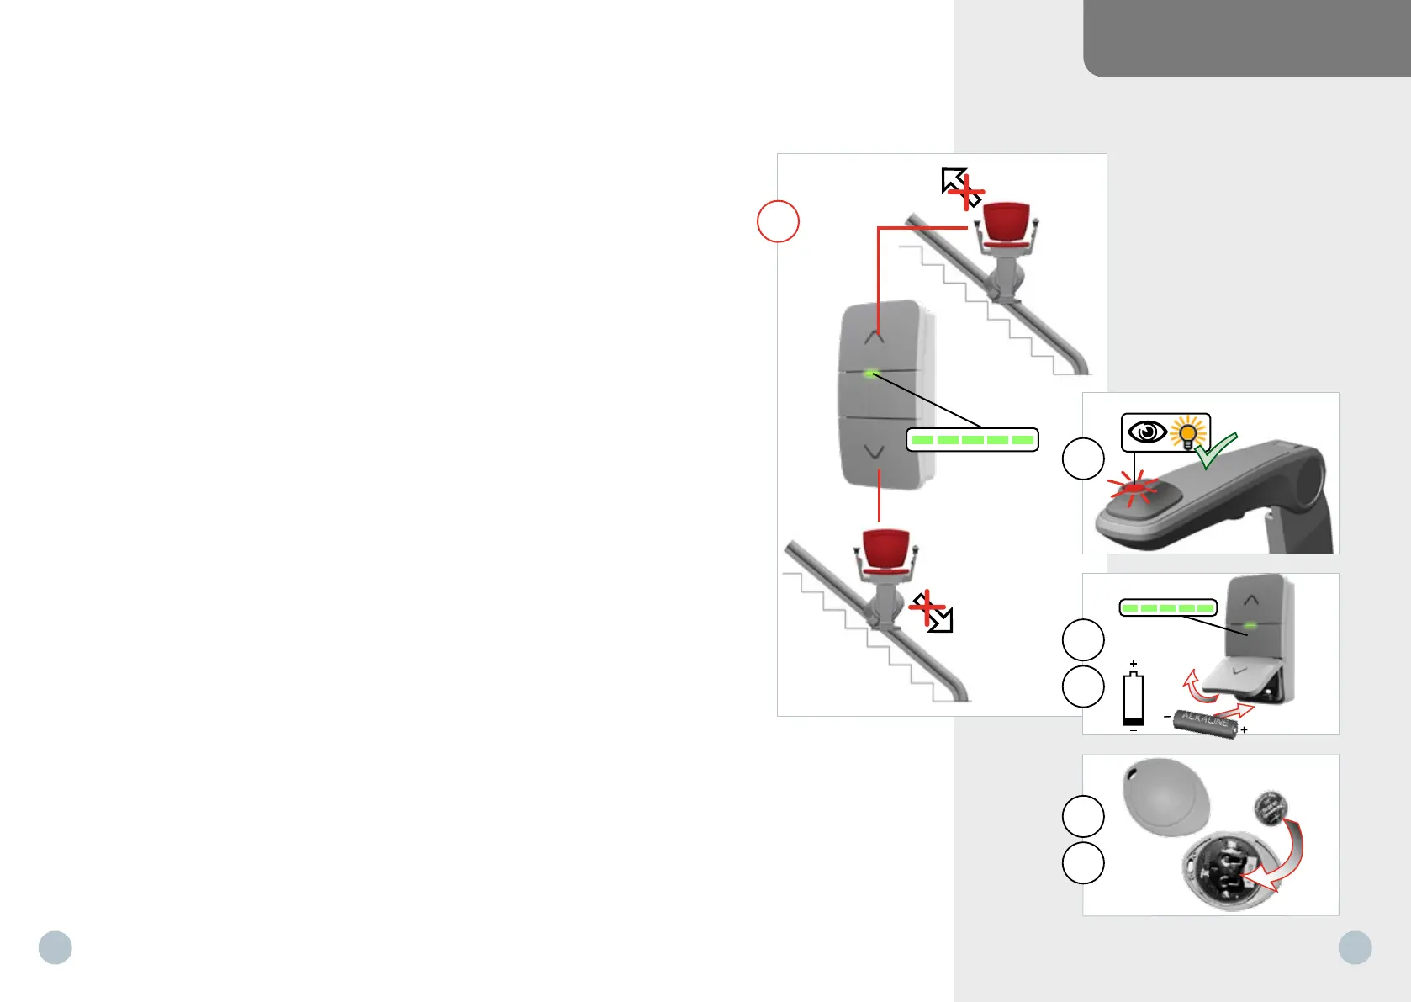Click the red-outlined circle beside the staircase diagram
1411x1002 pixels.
coord(778,221)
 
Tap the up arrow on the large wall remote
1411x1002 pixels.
coord(875,337)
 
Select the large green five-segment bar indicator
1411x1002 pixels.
coord(972,440)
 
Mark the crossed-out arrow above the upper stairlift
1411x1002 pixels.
coord(962,188)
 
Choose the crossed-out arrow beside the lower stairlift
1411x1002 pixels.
coord(932,612)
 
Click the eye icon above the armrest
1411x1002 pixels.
coord(1146,432)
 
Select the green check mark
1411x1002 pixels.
coord(1216,451)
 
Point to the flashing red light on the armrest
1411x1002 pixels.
coord(1134,488)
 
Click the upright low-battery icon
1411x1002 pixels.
coord(1134,698)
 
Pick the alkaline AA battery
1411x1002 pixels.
coord(1206,723)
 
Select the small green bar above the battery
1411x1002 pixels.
coord(1168,607)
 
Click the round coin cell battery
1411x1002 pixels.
coord(1270,808)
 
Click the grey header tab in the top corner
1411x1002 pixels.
coord(1246,38)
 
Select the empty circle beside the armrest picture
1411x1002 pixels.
coord(1083,459)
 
